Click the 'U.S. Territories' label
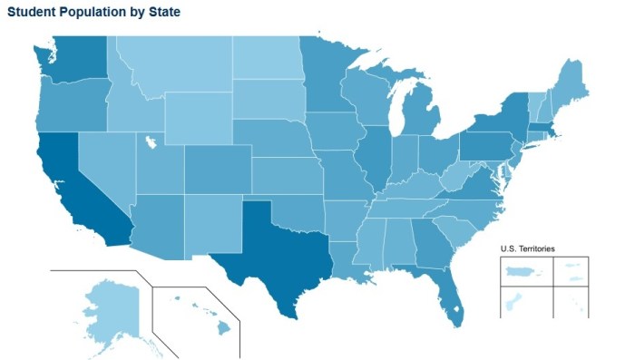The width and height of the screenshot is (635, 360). [x=528, y=248]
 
